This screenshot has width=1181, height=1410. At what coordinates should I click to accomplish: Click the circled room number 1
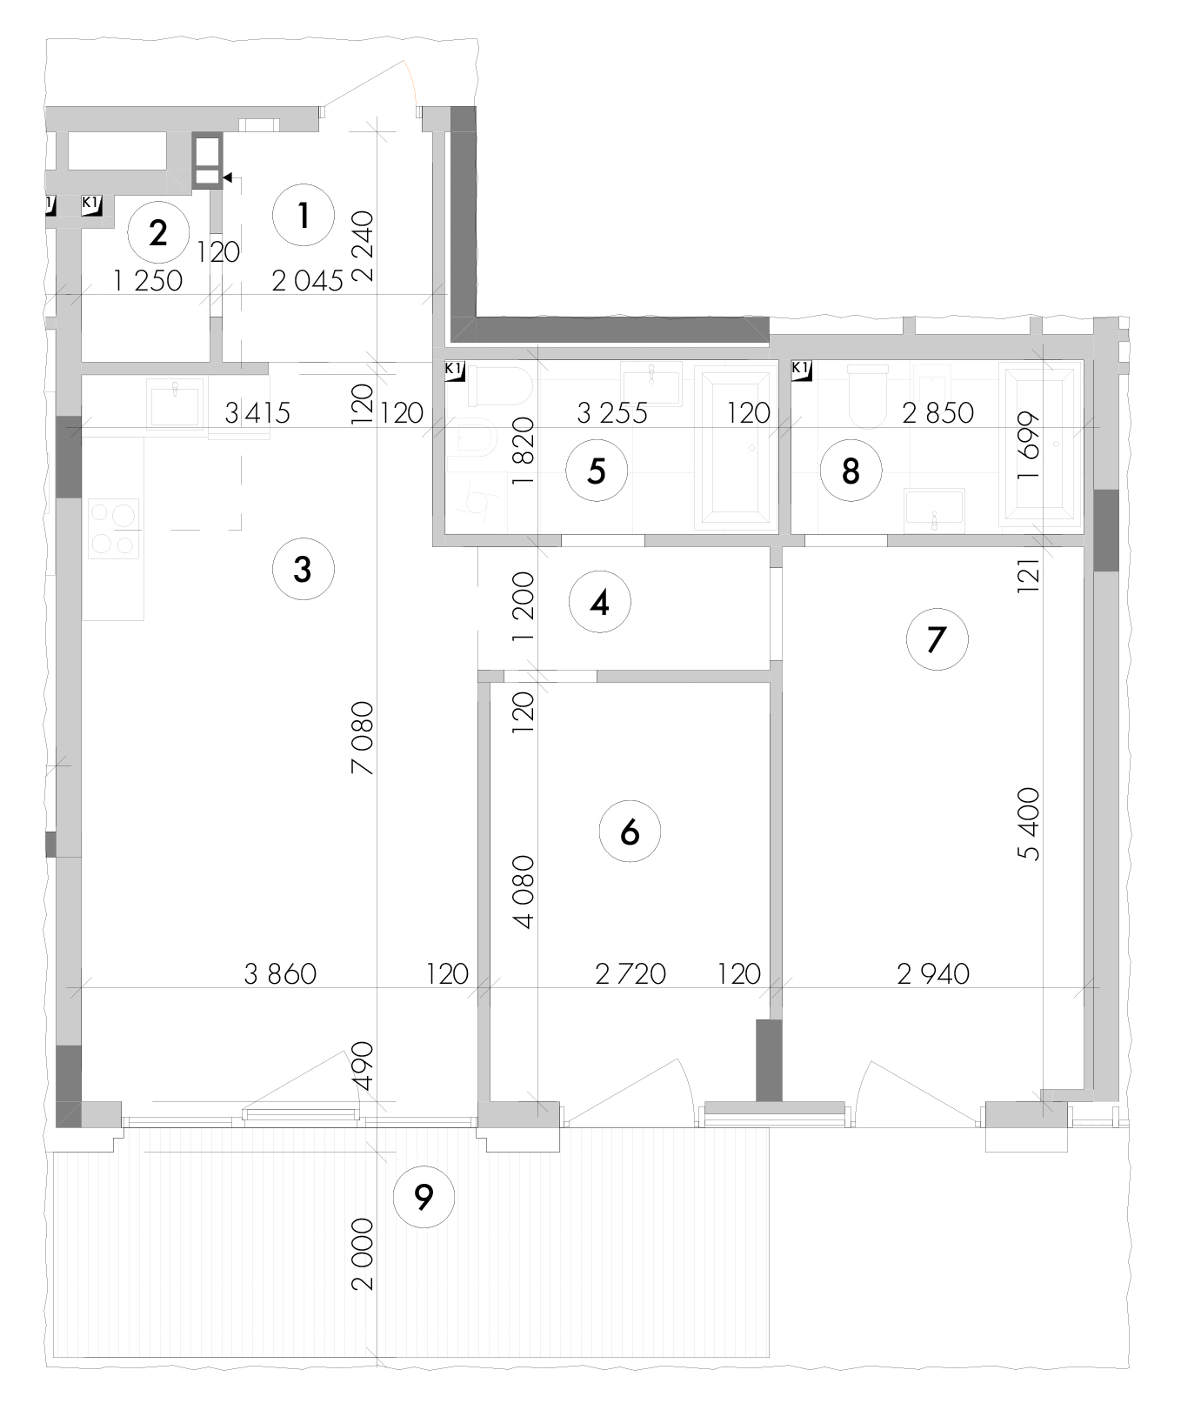304,215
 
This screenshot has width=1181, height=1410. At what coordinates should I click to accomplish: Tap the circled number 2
158,233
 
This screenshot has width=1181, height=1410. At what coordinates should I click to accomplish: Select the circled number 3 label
303,570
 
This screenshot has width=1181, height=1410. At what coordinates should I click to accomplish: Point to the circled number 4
599,602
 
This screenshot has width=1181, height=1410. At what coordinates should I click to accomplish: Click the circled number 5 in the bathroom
596,471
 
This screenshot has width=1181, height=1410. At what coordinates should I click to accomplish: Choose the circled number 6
631,832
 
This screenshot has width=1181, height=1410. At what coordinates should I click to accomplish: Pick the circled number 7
937,639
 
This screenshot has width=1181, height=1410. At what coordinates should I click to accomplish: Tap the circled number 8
851,471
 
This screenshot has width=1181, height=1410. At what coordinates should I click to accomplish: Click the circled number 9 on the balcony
424,1198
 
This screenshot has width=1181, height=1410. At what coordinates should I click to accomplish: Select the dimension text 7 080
363,738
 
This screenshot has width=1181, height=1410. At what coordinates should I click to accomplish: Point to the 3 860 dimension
280,973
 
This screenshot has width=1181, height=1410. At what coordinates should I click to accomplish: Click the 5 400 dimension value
1030,824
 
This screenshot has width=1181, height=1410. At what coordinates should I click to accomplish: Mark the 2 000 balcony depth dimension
363,1253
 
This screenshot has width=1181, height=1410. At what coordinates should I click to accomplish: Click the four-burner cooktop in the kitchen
114,528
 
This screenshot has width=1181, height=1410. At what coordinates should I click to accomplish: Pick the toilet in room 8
867,395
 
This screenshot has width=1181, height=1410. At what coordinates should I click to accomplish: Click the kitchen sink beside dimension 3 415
176,403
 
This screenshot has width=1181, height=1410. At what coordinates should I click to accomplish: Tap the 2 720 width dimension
631,973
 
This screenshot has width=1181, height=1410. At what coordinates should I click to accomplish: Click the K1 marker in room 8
801,371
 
